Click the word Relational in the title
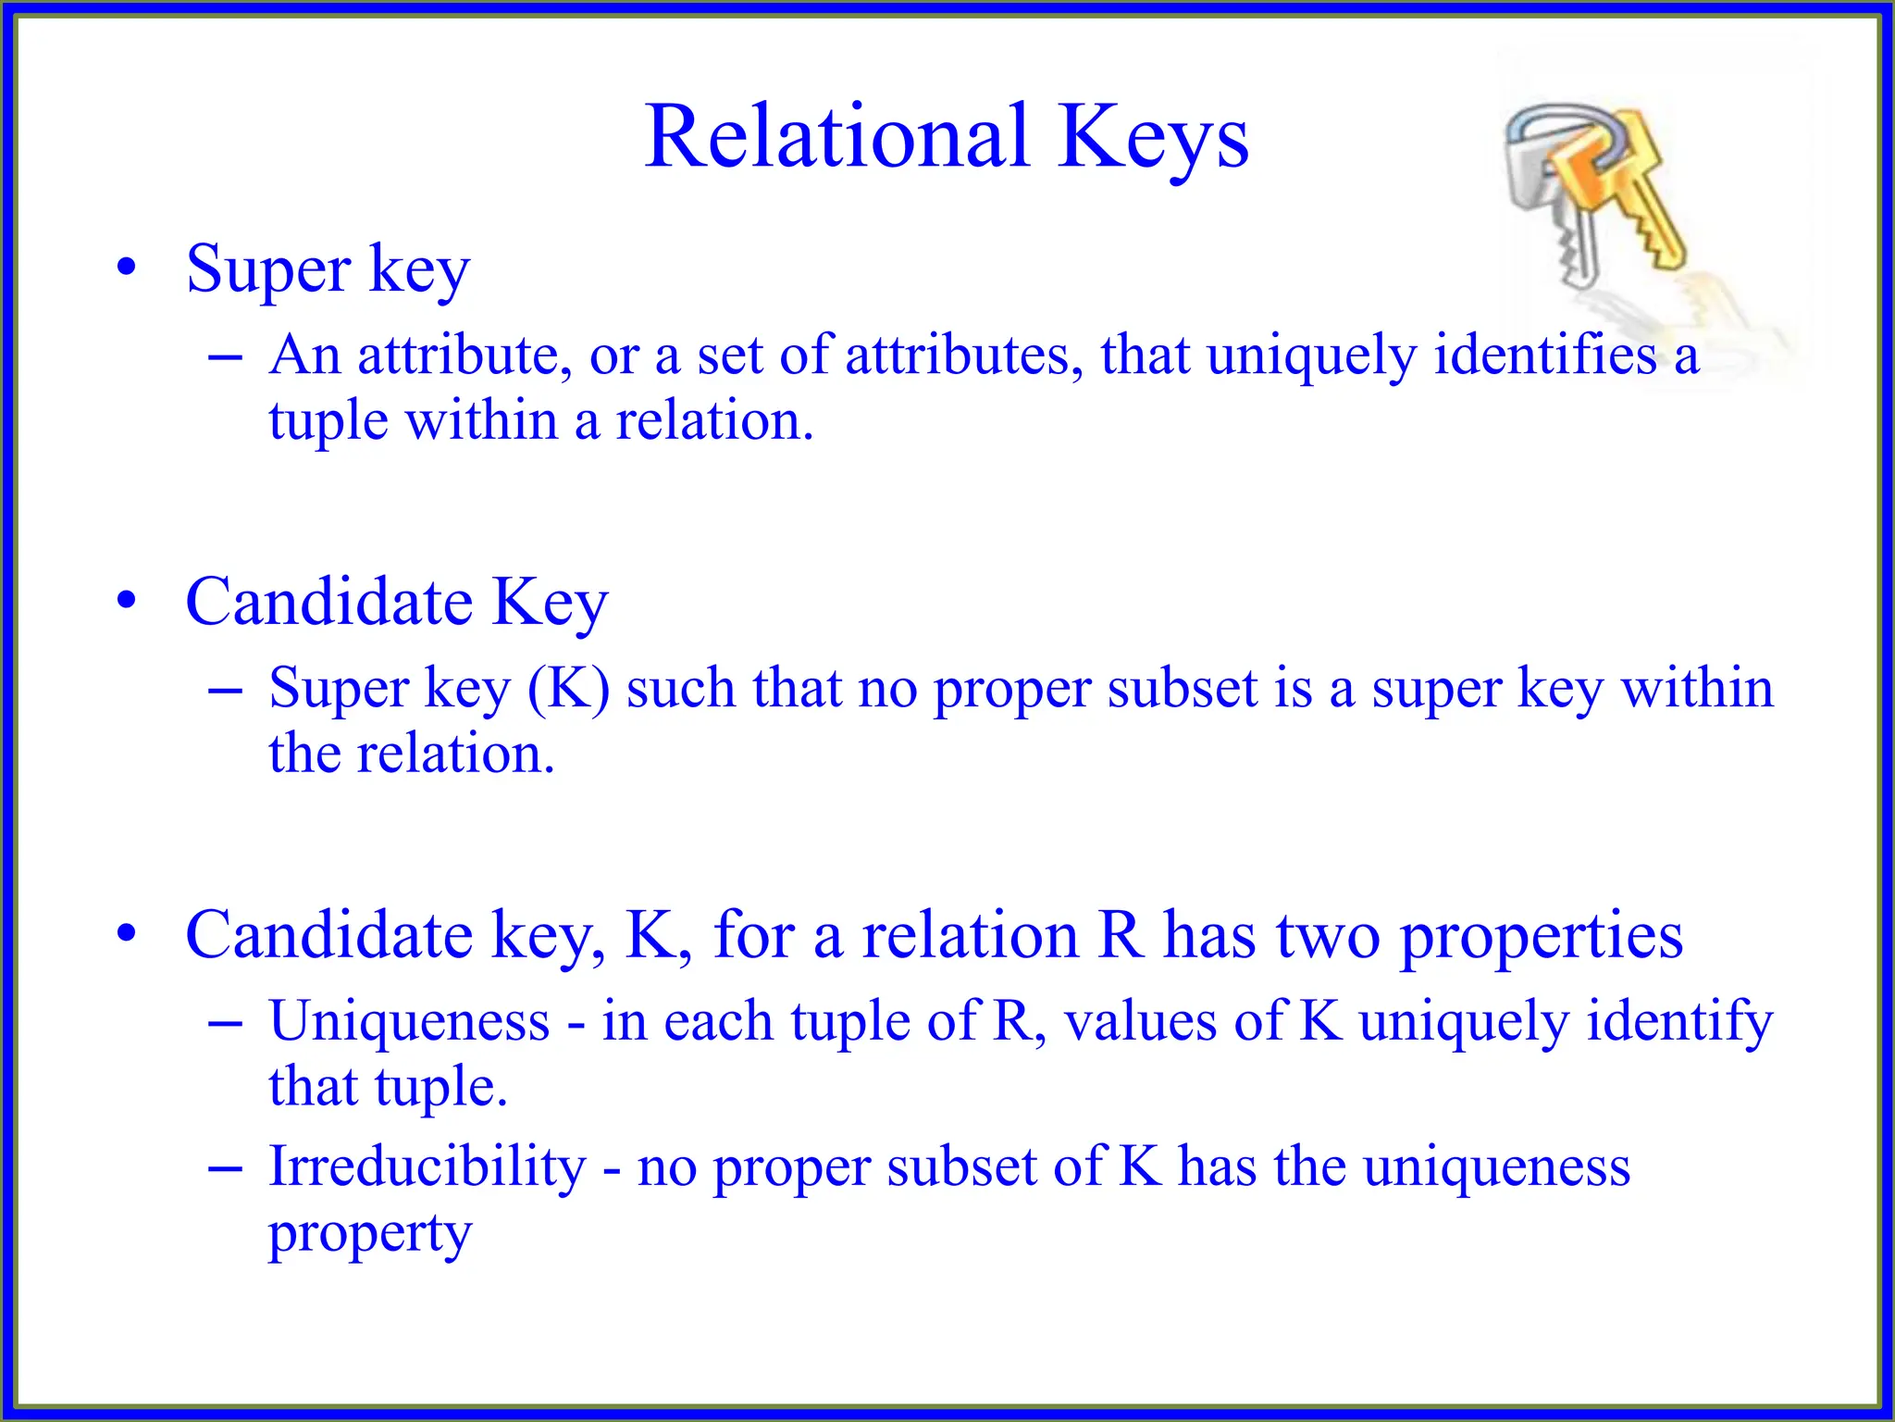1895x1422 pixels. click(x=836, y=137)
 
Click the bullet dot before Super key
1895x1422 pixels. click(x=127, y=268)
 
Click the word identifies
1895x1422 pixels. click(x=1544, y=355)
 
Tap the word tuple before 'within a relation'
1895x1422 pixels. click(x=328, y=422)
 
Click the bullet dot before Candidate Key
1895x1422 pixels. click(x=127, y=601)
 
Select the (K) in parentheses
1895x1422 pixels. click(x=568, y=689)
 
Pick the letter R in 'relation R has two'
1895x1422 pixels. click(x=1121, y=935)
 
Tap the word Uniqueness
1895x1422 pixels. click(x=409, y=1021)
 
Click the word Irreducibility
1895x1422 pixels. click(x=427, y=1166)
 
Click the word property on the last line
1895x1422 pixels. click(x=370, y=1234)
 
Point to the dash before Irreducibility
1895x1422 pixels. click(x=225, y=1169)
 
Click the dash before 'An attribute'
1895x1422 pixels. click(x=225, y=356)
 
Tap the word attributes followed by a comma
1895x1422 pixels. click(x=963, y=355)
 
